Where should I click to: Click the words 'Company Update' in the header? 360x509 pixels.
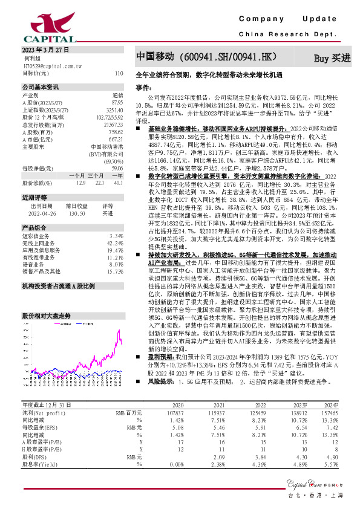pos(288,20)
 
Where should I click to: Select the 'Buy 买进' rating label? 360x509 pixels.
pos(332,59)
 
